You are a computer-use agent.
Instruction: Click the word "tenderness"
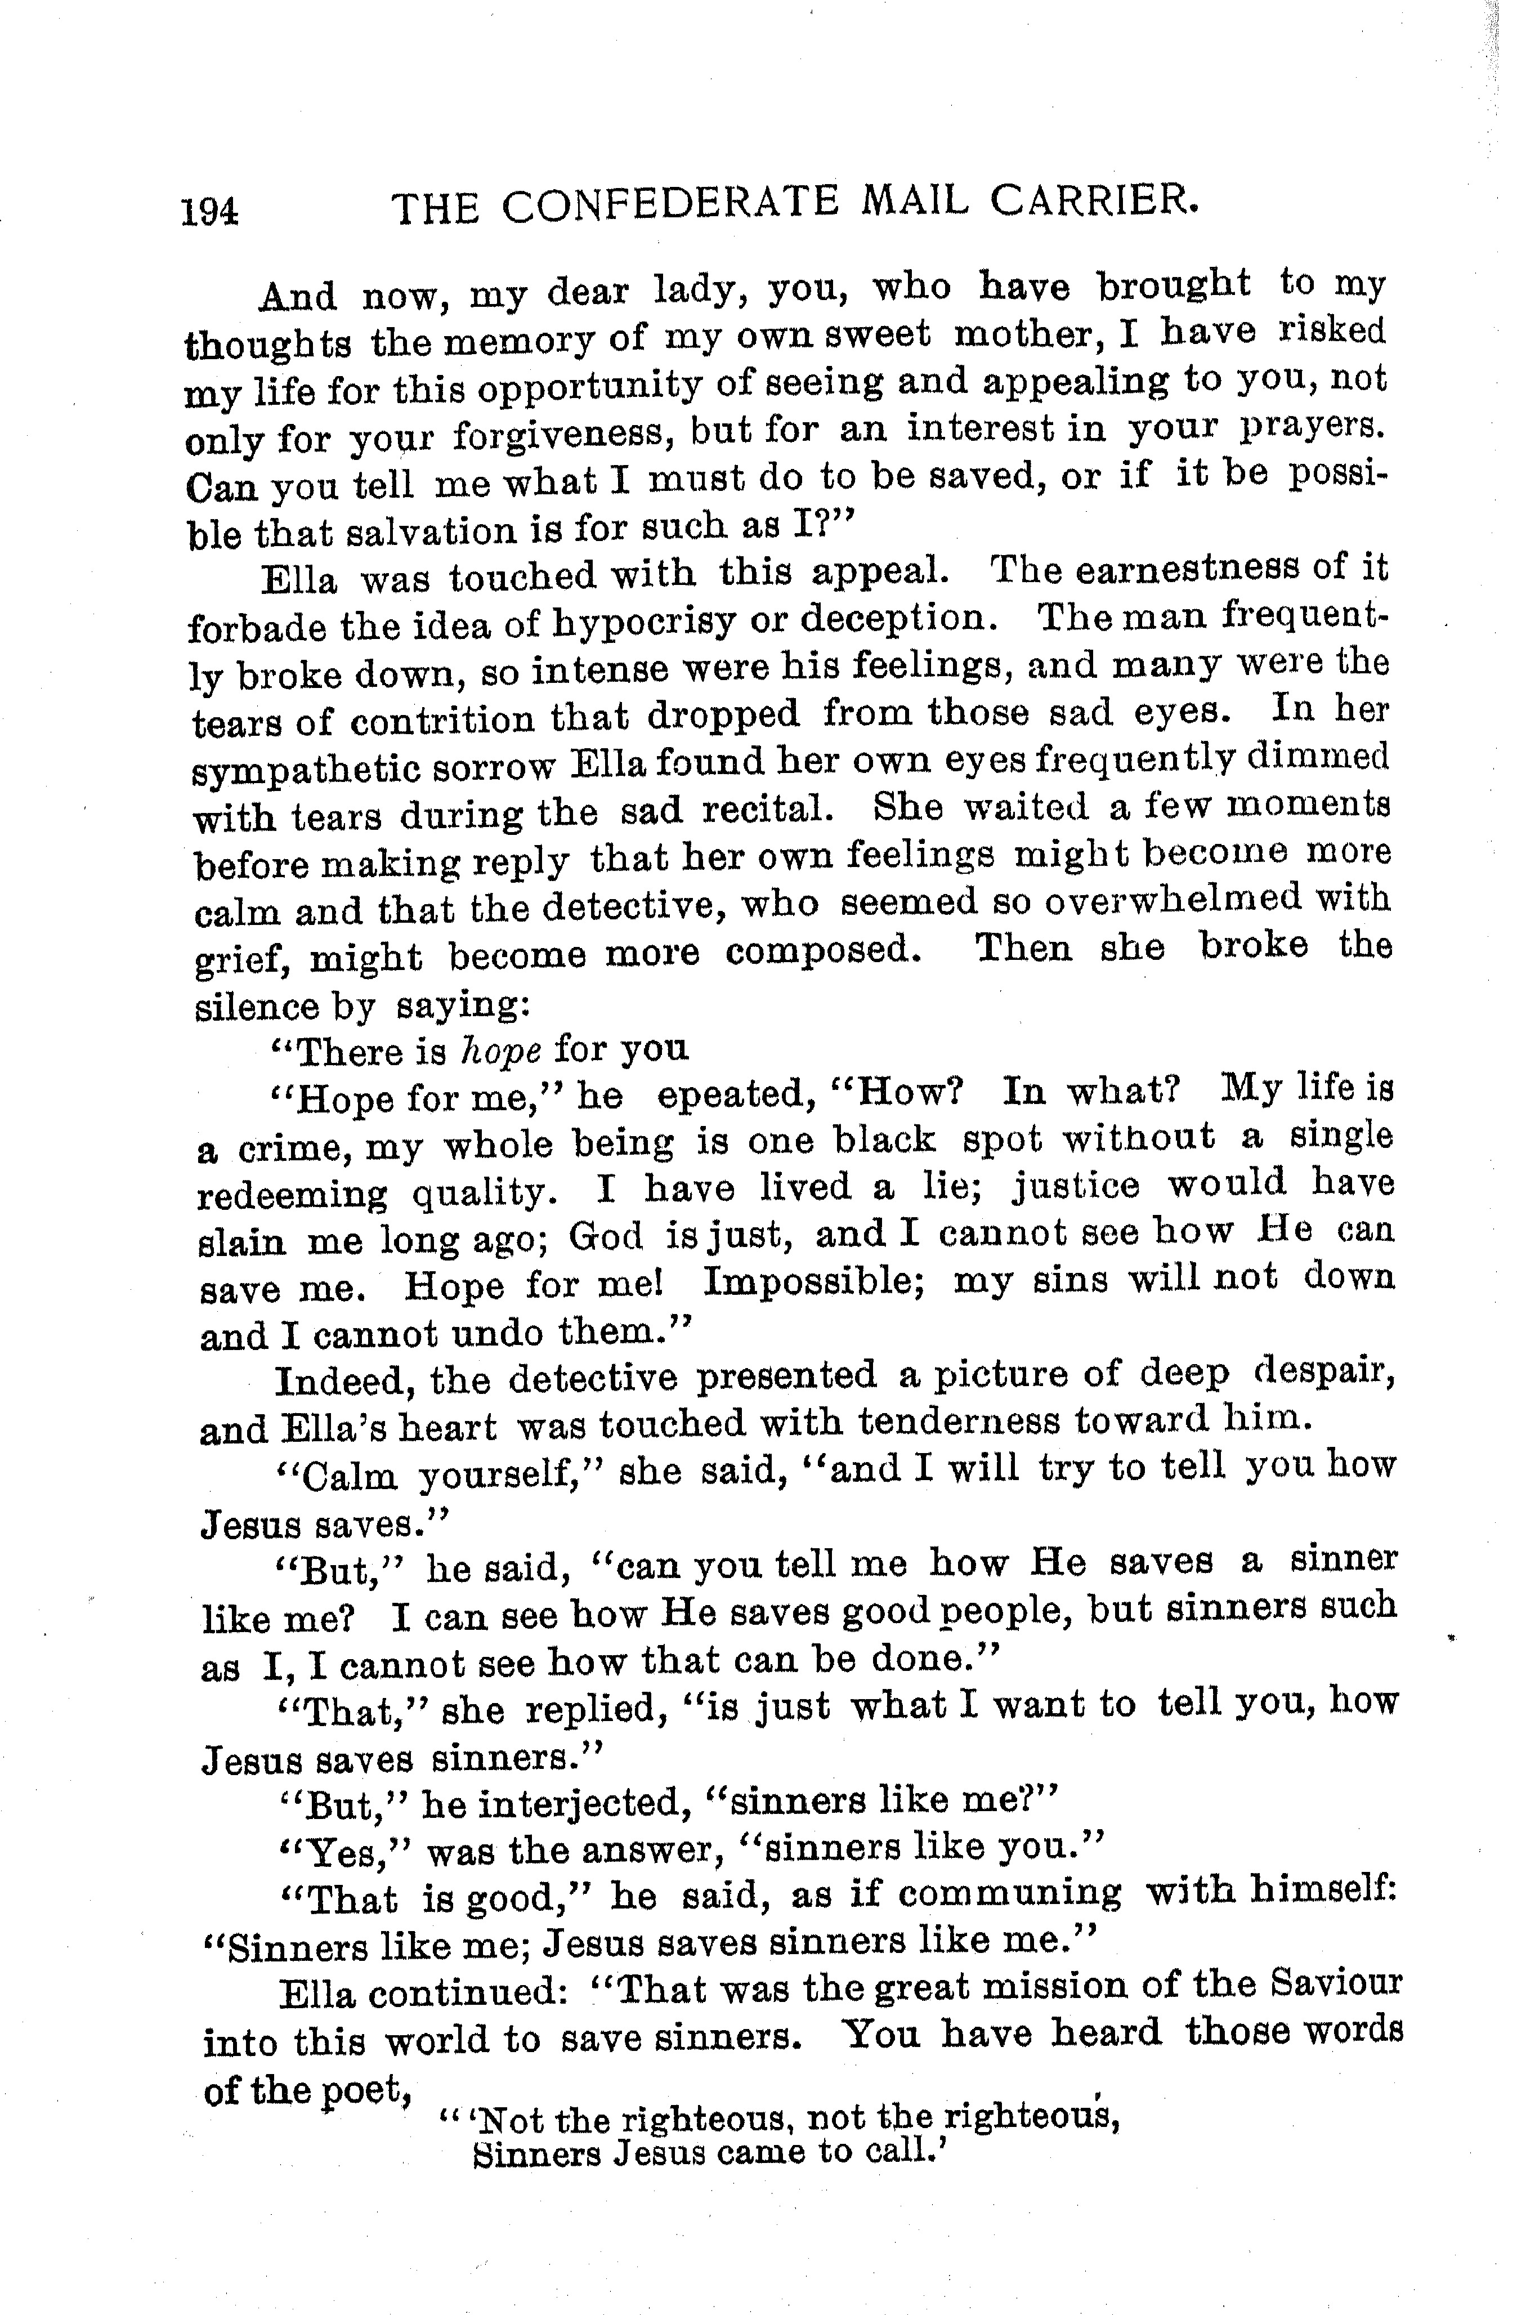pyautogui.click(x=959, y=1421)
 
